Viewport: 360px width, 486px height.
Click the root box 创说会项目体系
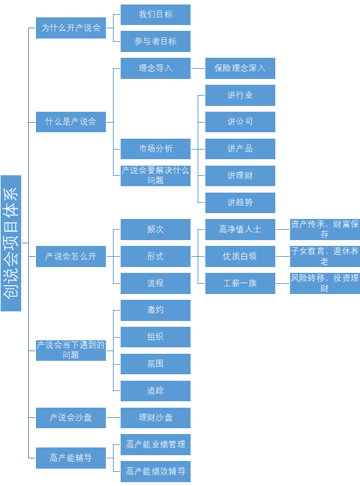(x=11, y=243)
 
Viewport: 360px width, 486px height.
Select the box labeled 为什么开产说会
(x=71, y=28)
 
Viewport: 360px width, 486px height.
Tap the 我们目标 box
(x=155, y=15)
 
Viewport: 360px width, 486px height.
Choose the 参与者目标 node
(x=155, y=41)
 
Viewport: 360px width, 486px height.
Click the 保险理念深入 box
(x=240, y=68)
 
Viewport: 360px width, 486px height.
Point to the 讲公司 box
(x=240, y=122)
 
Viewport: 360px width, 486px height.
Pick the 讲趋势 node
(x=240, y=203)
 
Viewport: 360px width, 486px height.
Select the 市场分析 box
(x=155, y=149)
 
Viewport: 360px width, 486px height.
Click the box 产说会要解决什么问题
(x=155, y=175)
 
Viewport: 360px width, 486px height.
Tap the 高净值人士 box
(x=240, y=229)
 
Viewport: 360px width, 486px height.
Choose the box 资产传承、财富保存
(x=325, y=229)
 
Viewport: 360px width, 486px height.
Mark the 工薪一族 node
(x=240, y=283)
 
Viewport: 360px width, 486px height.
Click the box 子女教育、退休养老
(x=325, y=256)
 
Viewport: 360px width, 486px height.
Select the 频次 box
(x=155, y=229)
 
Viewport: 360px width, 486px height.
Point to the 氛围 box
(x=155, y=364)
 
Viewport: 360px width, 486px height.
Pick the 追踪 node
(x=155, y=391)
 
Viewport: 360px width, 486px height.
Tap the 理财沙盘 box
(x=155, y=418)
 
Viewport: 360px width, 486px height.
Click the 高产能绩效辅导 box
(x=155, y=471)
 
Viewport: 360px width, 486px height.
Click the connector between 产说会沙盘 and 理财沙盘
(x=113, y=418)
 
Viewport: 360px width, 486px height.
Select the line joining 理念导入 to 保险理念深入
(x=198, y=68)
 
